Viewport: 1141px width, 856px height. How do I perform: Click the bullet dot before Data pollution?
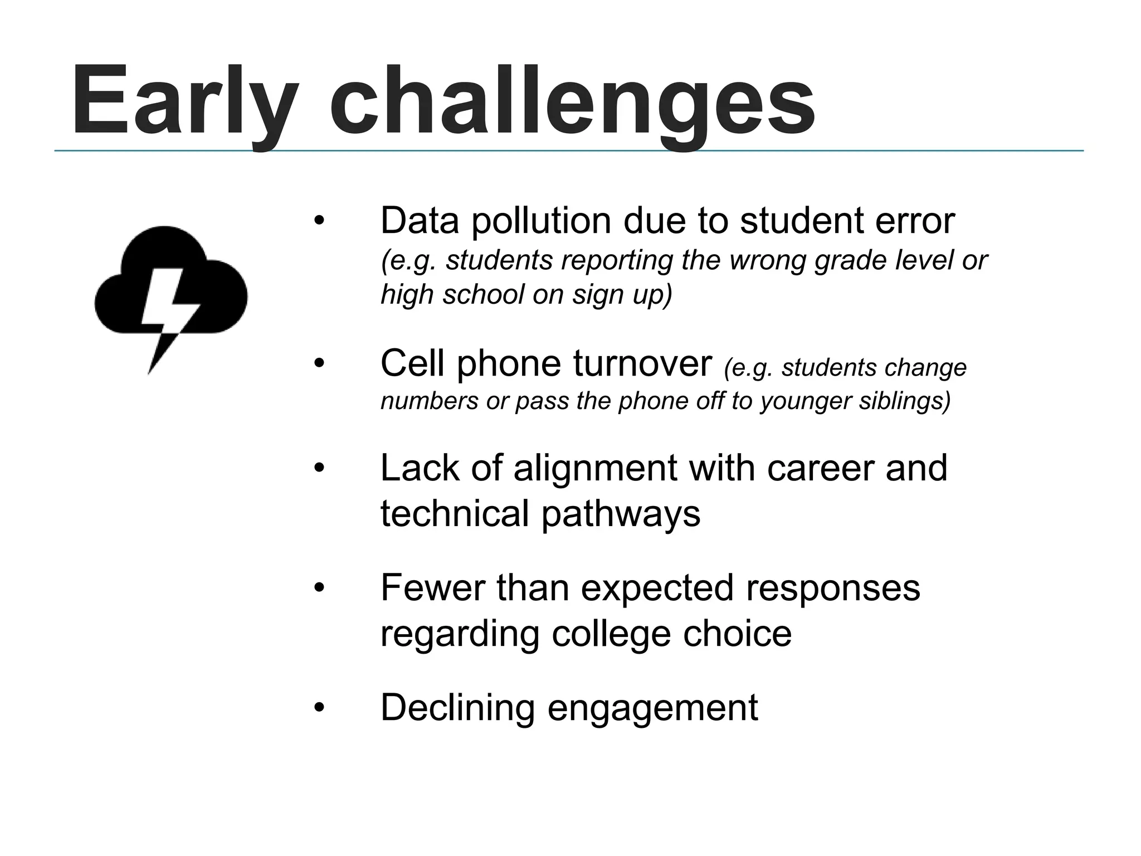point(319,221)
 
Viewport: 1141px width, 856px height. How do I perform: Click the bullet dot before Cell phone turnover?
point(319,364)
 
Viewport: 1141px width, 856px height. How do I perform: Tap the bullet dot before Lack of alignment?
point(319,468)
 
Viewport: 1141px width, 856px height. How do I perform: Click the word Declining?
point(457,708)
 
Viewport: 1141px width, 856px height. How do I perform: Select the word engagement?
point(652,708)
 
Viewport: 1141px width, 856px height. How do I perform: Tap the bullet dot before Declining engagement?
point(319,708)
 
